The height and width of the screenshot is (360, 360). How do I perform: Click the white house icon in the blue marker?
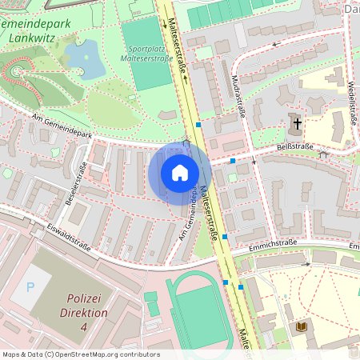pos(180,172)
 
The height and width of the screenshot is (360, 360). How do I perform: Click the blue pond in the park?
pos(84,58)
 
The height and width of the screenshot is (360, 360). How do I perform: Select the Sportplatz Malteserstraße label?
pos(146,53)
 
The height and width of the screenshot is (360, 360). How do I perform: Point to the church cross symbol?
pos(297,124)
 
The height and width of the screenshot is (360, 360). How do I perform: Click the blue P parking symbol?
pos(31,286)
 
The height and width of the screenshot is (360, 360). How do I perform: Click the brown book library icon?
pos(301,327)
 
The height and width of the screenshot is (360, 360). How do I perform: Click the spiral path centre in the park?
pos(15,72)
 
